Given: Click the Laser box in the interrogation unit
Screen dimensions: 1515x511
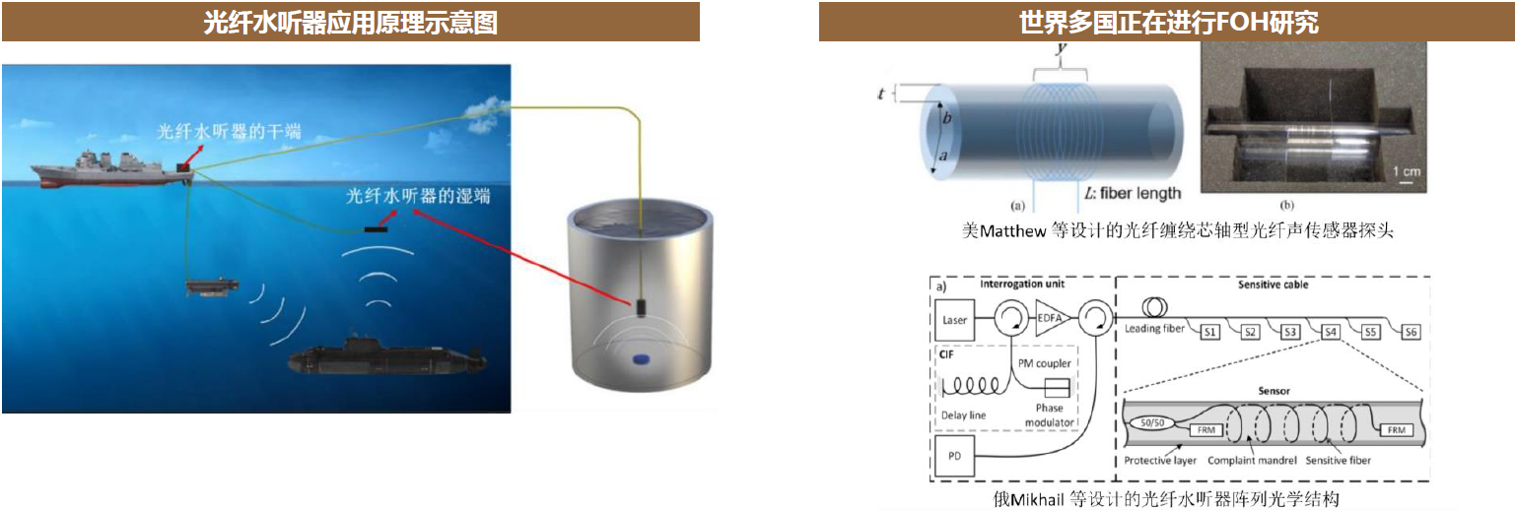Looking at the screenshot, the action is coord(954,320).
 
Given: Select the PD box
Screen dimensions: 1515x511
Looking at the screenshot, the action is coord(954,456).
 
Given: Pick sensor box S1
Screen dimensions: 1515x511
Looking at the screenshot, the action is coord(1210,332).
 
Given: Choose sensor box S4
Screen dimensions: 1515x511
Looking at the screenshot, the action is coord(1331,332).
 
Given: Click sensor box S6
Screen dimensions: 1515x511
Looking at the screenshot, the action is coord(1411,332).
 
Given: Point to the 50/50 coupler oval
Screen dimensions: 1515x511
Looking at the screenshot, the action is coord(1152,423).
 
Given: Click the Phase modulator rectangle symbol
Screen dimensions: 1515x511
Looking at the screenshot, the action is coord(1057,388).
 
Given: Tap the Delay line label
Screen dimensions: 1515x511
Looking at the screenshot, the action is coord(963,415).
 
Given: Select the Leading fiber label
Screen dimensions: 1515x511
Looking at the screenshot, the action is coord(1154,329).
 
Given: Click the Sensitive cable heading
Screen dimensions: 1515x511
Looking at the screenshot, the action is coord(1273,285).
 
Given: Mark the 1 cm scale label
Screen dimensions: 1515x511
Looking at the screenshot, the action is coord(1407,171).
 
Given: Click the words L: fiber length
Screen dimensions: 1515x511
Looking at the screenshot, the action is coord(1133,193).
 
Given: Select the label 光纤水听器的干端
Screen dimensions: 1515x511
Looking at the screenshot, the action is coord(229,131).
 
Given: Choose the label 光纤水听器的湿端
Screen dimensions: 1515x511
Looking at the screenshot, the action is coord(418,196).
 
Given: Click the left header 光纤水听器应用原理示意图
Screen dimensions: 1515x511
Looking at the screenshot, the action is coord(350,23).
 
